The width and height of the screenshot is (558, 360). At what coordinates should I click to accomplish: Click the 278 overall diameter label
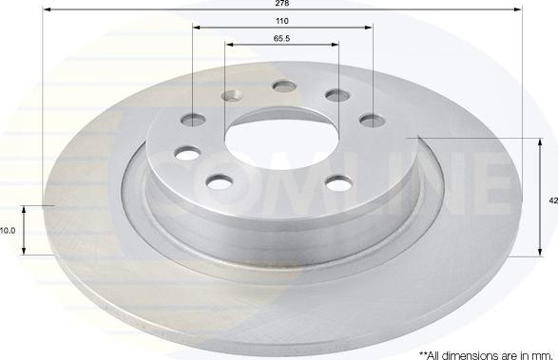(x=281, y=3)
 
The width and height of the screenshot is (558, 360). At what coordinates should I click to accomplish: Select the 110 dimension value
(x=281, y=21)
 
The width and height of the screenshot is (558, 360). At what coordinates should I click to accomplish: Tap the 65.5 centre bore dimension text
(x=281, y=38)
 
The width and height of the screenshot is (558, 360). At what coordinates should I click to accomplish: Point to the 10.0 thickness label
(x=7, y=231)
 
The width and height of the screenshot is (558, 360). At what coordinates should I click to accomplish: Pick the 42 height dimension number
(x=553, y=200)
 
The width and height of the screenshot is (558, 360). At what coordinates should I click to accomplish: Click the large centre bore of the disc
(x=281, y=143)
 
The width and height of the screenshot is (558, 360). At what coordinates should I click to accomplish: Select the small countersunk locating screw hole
(x=232, y=95)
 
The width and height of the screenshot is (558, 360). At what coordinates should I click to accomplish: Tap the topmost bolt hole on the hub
(x=284, y=86)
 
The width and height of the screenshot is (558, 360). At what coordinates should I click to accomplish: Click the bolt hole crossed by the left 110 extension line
(x=193, y=120)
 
